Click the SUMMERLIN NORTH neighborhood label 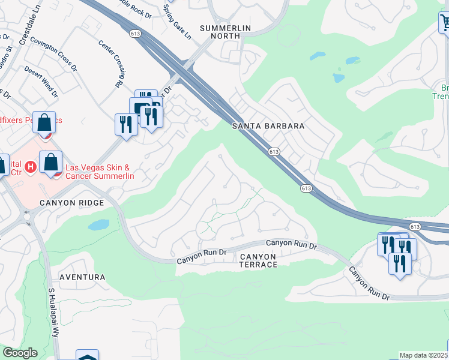click(220, 32)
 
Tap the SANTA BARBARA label click(268, 127)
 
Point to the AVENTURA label click(82, 277)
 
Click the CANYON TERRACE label click(258, 260)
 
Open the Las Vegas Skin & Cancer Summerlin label click(99, 171)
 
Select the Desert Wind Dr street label click(41, 82)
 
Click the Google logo click(20, 353)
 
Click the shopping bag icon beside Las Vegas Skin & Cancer click(51, 163)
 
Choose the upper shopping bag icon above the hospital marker click(44, 123)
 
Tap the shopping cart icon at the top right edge click(445, 23)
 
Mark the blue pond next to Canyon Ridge click(98, 225)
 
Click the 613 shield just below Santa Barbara click(274, 152)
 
